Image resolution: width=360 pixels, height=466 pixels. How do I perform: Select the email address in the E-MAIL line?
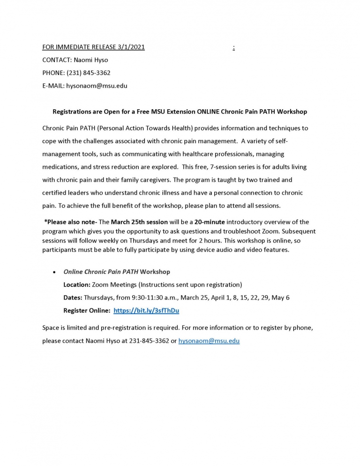(x=97, y=86)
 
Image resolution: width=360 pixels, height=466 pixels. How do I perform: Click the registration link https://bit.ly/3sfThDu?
(x=146, y=310)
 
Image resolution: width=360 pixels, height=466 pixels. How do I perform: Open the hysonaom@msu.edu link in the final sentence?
(x=209, y=341)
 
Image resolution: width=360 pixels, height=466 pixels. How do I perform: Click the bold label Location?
(x=77, y=285)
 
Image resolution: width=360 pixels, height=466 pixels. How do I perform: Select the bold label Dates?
(x=73, y=297)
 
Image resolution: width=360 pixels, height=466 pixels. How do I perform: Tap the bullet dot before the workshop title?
(x=55, y=272)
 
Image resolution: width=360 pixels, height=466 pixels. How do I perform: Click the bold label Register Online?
(x=87, y=310)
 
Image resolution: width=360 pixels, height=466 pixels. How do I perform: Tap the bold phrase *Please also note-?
(x=70, y=222)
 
